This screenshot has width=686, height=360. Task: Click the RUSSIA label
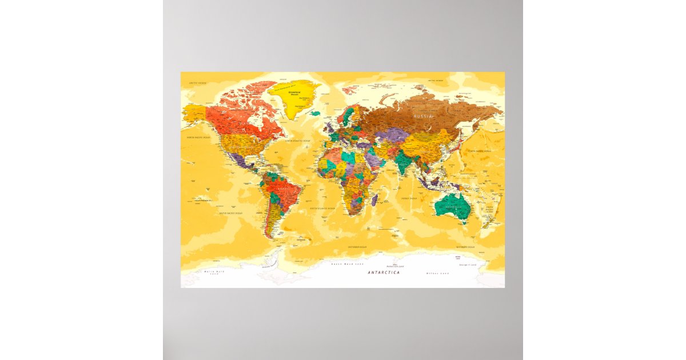tap(424, 117)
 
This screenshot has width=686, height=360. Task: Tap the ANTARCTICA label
tap(384, 273)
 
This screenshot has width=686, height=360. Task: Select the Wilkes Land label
tap(437, 273)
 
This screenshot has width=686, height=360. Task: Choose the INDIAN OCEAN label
tap(409, 198)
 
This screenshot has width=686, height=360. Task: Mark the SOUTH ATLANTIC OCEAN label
tap(322, 209)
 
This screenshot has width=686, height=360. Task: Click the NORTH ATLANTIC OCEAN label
tap(298, 141)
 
